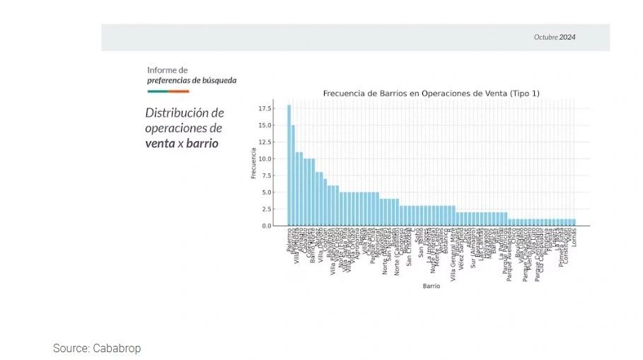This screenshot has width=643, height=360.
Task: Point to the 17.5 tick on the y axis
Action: click(x=265, y=108)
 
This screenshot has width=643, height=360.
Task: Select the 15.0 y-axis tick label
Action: click(x=265, y=125)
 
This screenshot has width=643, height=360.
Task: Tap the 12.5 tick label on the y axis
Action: click(x=265, y=142)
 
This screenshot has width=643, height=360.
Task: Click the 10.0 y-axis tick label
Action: click(x=265, y=159)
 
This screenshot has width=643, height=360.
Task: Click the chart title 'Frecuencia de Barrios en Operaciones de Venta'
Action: click(x=431, y=93)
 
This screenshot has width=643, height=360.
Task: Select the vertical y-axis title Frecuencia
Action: click(x=253, y=163)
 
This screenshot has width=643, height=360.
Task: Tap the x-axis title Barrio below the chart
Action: click(x=431, y=286)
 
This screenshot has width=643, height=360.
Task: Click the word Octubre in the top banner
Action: click(x=545, y=37)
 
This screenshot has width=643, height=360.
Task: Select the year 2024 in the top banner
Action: click(x=567, y=37)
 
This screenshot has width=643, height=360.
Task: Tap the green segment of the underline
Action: click(x=158, y=91)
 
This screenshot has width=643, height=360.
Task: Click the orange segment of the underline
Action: click(x=179, y=91)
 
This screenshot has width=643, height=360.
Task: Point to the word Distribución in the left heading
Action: click(x=178, y=113)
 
